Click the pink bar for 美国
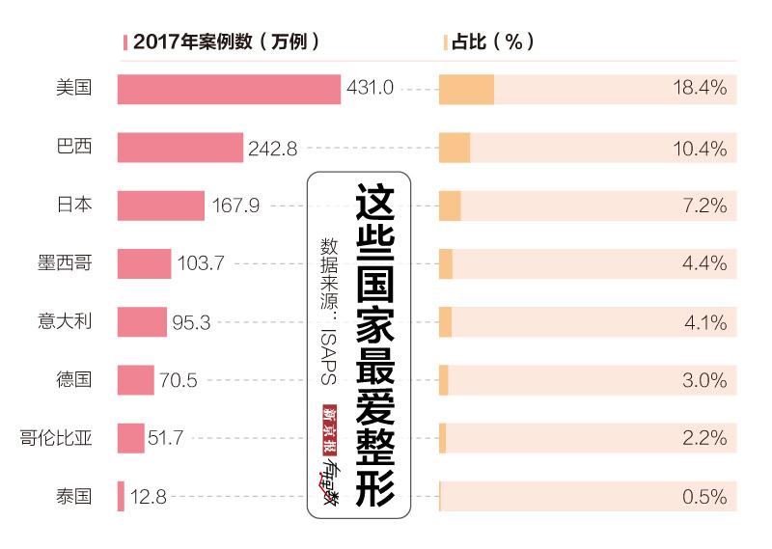[229, 89]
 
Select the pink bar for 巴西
[180, 148]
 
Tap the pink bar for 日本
[161, 206]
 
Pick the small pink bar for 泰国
[121, 497]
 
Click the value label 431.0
[370, 89]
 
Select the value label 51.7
[165, 439]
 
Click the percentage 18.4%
[699, 89]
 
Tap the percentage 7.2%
[703, 206]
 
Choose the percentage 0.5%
[703, 497]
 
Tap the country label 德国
[73, 380]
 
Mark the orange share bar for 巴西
[455, 148]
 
